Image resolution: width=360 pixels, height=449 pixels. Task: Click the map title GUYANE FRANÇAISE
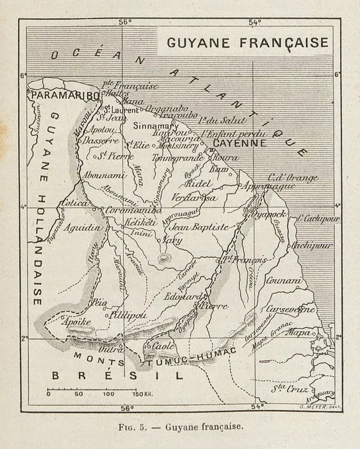point(247,43)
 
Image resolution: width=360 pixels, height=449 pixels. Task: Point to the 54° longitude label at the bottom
point(257,406)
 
